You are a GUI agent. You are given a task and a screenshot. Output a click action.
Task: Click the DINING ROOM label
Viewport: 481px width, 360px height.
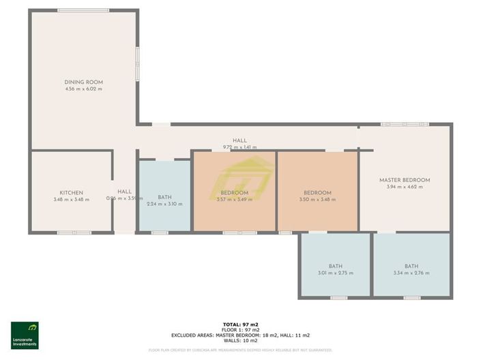point(83,82)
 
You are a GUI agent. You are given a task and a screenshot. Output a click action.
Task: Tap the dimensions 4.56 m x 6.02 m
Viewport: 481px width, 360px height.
point(83,89)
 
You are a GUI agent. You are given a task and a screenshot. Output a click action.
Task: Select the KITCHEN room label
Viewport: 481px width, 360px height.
point(71,192)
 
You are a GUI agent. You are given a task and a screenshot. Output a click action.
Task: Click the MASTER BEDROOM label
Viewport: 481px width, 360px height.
point(405,180)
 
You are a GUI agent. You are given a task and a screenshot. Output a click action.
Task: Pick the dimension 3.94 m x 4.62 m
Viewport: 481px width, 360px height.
point(405,187)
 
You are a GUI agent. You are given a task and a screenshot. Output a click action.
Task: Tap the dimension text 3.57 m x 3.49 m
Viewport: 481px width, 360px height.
point(234,200)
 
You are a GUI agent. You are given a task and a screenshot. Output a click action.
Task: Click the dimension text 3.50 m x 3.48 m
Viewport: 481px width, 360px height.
point(317,200)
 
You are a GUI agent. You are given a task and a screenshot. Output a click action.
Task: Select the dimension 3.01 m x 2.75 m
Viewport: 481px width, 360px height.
point(335,273)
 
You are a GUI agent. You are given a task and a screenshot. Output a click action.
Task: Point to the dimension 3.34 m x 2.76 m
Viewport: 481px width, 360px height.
point(411,273)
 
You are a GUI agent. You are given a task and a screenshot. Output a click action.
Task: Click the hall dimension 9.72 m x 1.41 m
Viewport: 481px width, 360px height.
point(239,147)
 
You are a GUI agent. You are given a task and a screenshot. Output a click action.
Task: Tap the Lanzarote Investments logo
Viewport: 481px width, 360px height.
point(25,335)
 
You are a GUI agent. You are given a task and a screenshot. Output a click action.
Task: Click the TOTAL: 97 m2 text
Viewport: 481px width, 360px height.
point(239,324)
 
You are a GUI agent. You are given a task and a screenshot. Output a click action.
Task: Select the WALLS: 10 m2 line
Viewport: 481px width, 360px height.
point(239,340)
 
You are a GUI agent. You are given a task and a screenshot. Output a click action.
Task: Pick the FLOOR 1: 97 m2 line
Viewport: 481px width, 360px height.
point(239,329)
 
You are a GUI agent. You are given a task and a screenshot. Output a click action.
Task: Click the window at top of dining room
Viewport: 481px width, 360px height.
point(83,10)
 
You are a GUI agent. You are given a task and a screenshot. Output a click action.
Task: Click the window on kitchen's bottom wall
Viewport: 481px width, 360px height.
point(74,232)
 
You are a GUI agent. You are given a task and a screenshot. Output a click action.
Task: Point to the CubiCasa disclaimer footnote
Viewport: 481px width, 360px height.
point(240,350)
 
